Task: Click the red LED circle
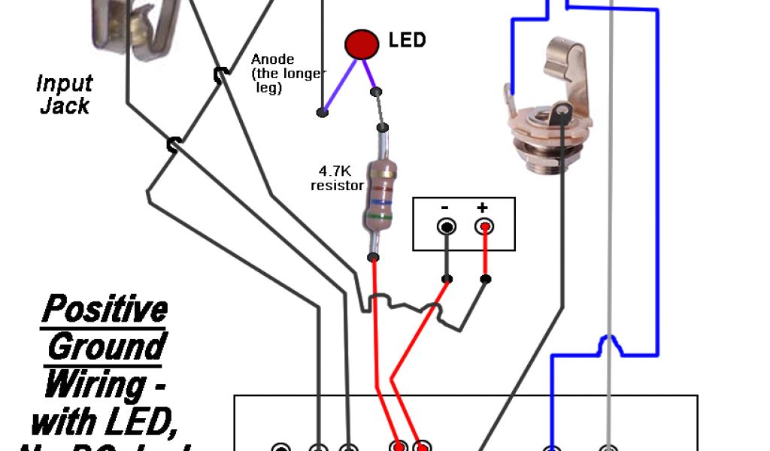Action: (361, 44)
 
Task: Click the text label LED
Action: (407, 40)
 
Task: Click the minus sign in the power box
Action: (445, 207)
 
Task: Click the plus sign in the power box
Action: (482, 207)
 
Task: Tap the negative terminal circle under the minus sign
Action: (447, 226)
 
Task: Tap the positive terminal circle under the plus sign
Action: (484, 226)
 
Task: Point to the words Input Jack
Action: (65, 94)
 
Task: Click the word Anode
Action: (272, 59)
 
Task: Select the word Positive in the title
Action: (104, 309)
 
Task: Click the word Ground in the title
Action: (105, 347)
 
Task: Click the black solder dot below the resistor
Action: (373, 259)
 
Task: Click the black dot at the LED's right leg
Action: (376, 92)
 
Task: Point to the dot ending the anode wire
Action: (322, 113)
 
